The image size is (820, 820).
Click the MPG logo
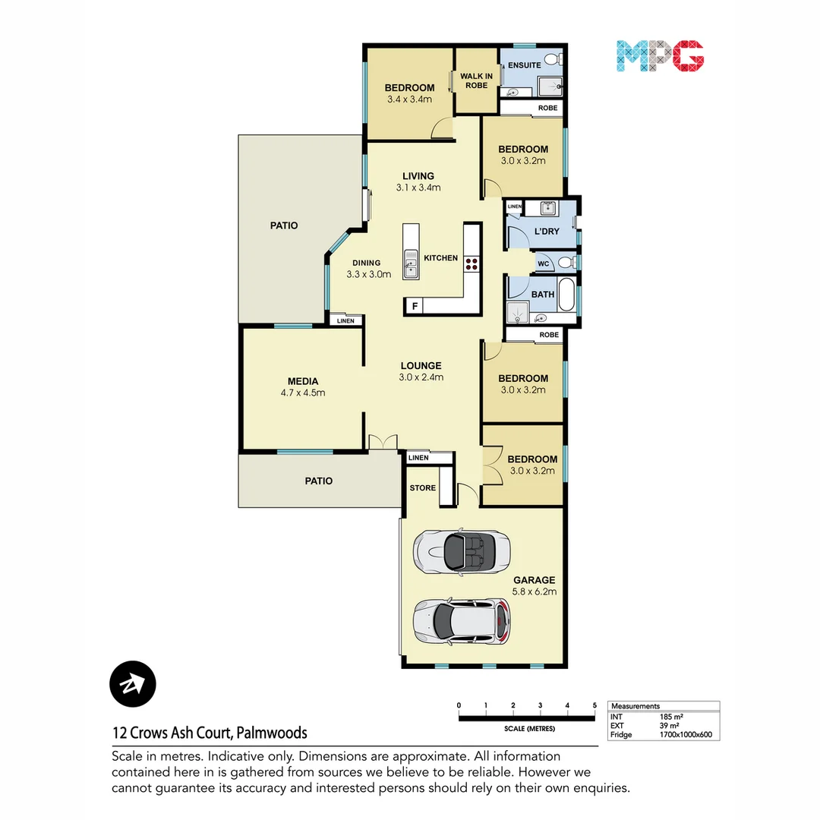(x=660, y=56)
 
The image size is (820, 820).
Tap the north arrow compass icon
(x=133, y=684)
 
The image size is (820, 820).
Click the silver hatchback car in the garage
(x=460, y=620)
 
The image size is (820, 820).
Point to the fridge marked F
(x=414, y=307)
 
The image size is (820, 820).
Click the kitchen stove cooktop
(x=471, y=264)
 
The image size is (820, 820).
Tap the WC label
(x=543, y=264)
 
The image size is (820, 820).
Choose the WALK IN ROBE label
(x=476, y=80)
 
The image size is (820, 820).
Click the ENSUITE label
(x=524, y=65)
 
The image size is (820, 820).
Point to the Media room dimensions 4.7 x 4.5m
(x=303, y=393)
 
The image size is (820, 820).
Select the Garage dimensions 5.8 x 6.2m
(x=533, y=591)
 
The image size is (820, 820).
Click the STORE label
(x=423, y=487)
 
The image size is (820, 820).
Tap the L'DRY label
(x=547, y=230)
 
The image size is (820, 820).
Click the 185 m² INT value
(x=670, y=717)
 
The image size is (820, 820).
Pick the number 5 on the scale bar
(x=595, y=705)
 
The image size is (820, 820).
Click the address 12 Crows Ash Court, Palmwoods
(x=210, y=733)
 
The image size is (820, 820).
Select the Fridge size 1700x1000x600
(x=686, y=735)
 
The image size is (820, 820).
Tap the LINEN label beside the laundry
(x=515, y=207)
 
